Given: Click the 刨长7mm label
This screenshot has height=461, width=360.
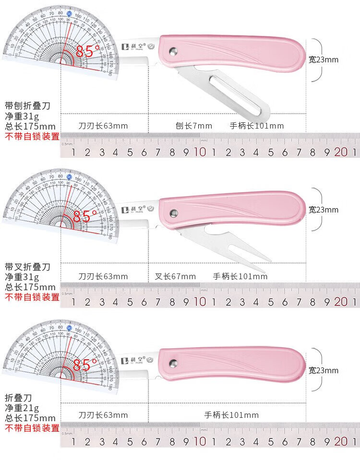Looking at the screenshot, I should pyautogui.click(x=193, y=126).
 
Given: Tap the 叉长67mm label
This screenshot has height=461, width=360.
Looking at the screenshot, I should pyautogui.click(x=175, y=276).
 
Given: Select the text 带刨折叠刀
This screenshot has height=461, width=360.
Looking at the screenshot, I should pyautogui.click(x=27, y=106).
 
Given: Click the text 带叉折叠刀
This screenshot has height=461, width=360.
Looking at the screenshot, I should pyautogui.click(x=27, y=266).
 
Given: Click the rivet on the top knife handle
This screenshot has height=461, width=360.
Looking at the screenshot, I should pyautogui.click(x=173, y=50).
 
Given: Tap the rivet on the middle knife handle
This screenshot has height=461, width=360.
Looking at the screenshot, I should pyautogui.click(x=174, y=211).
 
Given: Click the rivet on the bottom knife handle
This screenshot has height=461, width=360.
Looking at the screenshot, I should pyautogui.click(x=173, y=363).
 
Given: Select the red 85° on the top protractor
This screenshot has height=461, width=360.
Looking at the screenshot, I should pyautogui.click(x=88, y=51).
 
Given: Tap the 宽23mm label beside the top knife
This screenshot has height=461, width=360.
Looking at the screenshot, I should pyautogui.click(x=324, y=60).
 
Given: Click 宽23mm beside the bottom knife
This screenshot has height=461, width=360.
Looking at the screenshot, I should pyautogui.click(x=324, y=370).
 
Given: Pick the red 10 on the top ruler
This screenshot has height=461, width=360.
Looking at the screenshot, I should pyautogui.click(x=200, y=153).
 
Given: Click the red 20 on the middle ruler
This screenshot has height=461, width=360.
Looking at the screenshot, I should pyautogui.click(x=341, y=302).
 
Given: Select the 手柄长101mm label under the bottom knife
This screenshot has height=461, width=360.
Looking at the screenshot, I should pyautogui.click(x=231, y=415).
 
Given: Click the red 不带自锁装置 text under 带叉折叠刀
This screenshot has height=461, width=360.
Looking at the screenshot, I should pyautogui.click(x=32, y=297).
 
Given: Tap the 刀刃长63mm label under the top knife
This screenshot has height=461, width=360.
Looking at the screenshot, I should pyautogui.click(x=103, y=126).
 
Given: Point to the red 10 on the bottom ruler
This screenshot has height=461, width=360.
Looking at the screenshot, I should pyautogui.click(x=200, y=440).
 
